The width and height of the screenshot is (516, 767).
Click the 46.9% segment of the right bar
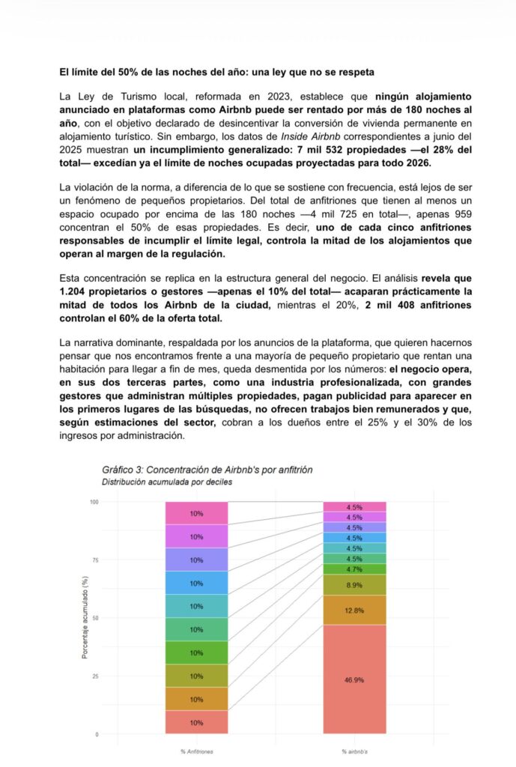coord(354,679)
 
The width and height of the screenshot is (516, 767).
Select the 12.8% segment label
coord(354,610)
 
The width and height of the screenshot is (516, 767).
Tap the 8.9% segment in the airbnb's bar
coord(354,585)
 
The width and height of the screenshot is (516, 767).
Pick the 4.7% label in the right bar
coord(354,569)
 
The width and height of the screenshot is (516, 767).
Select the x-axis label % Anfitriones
coord(196,750)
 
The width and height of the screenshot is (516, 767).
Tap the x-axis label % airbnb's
coord(354,750)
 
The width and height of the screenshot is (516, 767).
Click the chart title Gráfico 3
coord(207,470)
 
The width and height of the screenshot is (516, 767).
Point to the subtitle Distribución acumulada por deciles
coord(167,482)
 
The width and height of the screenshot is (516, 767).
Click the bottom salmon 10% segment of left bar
coord(196,723)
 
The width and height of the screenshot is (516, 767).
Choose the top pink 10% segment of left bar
coord(196,514)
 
